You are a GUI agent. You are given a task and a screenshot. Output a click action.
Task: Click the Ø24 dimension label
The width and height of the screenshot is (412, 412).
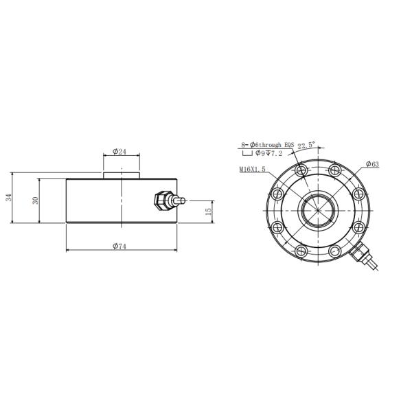pyautogui.click(x=119, y=151)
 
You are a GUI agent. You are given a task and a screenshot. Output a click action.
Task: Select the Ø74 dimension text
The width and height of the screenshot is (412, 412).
pyautogui.click(x=119, y=247)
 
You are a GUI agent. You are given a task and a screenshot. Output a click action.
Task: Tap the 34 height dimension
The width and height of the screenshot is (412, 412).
pyautogui.click(x=9, y=198)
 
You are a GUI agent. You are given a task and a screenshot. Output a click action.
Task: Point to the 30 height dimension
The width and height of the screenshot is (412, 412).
pyautogui.click(x=35, y=201)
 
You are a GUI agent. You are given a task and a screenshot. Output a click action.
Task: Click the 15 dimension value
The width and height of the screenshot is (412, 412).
pyautogui.click(x=208, y=211)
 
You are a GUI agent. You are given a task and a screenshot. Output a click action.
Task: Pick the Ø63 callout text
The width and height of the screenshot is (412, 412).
pyautogui.click(x=372, y=164)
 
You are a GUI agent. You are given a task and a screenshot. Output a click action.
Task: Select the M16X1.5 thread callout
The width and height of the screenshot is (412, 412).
pyautogui.click(x=252, y=170)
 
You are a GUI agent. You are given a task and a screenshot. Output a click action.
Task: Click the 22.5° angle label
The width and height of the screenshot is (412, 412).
pyautogui.click(x=306, y=146)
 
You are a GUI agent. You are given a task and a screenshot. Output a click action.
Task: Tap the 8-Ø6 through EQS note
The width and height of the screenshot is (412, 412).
pyautogui.click(x=268, y=144)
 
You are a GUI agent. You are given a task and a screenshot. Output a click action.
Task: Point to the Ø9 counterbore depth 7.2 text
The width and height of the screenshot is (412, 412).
pyautogui.click(x=268, y=153)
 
